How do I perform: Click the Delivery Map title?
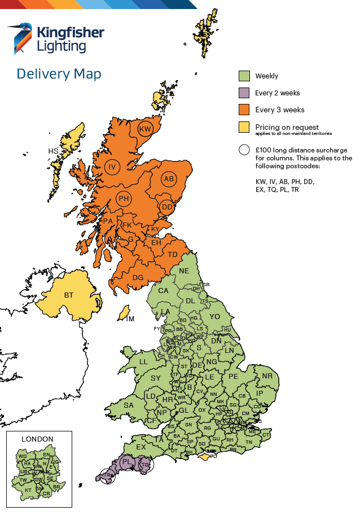(59, 74)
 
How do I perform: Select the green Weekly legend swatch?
(244, 76)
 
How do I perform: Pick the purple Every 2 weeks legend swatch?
(244, 93)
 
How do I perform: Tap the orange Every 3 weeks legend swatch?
(244, 110)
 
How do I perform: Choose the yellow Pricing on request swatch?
(244, 127)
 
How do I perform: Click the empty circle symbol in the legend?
(244, 150)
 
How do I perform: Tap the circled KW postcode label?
(146, 129)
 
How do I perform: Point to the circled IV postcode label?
(112, 167)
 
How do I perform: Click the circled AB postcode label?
(168, 179)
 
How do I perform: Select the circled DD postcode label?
(166, 207)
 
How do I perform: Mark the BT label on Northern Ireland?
(69, 295)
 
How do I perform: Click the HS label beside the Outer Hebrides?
(53, 151)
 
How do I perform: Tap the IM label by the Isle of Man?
(130, 319)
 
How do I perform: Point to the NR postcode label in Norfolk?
(267, 376)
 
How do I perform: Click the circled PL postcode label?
(127, 462)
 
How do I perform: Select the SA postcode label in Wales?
(129, 405)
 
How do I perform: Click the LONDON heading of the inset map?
(37, 439)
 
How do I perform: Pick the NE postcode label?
(184, 271)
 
